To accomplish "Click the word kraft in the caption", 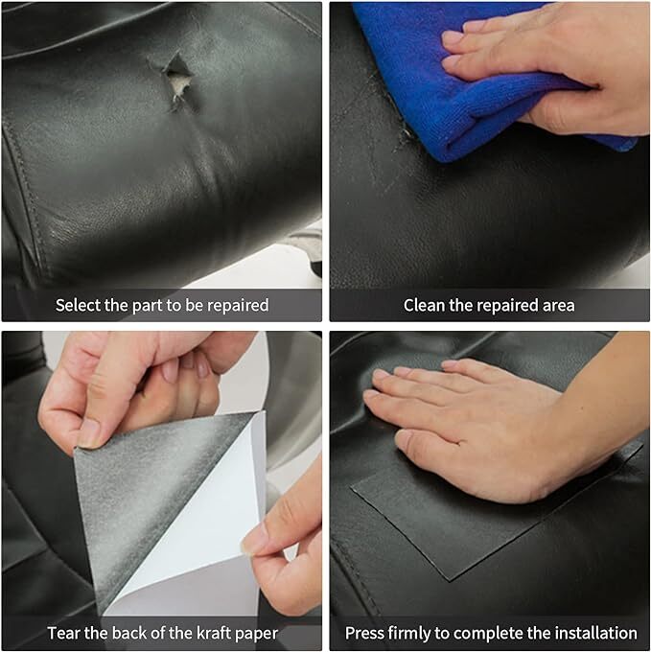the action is coord(215,633).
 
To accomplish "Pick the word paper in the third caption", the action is coord(257,635).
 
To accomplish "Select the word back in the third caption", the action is coord(129,633).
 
